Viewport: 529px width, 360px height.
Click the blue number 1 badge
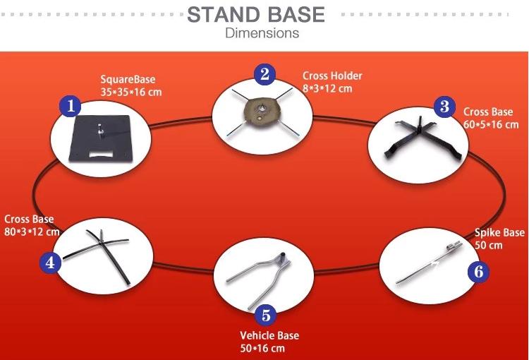(x=70, y=106)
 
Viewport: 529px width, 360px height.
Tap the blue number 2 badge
(x=264, y=74)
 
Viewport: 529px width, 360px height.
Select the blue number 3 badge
(x=444, y=107)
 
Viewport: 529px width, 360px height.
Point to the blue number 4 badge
(x=50, y=263)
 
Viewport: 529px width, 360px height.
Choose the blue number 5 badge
(x=265, y=316)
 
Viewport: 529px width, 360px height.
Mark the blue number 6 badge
(x=478, y=272)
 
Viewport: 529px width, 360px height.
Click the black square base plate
(x=100, y=138)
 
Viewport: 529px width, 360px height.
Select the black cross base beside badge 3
(x=423, y=138)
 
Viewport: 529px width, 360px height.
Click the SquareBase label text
(x=128, y=79)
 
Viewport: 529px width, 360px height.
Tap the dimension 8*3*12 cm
(x=327, y=88)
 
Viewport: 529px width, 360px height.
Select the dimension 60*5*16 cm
(x=491, y=124)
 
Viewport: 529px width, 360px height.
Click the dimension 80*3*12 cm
(x=32, y=232)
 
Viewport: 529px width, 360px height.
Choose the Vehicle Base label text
(x=269, y=335)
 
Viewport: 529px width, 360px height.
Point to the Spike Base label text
(x=499, y=233)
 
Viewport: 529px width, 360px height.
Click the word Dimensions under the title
(x=262, y=33)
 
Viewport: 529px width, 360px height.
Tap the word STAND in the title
(x=223, y=15)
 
